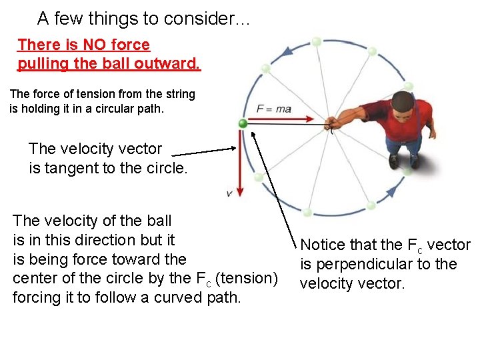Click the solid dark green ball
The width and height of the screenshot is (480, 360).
(243, 123)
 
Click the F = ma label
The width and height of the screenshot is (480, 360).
(274, 109)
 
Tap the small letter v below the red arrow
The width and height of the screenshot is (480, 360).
(229, 193)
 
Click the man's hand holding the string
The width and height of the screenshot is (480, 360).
(330, 123)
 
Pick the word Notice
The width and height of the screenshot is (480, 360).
(323, 245)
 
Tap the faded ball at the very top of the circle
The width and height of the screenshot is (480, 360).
(317, 42)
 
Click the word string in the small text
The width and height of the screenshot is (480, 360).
(179, 94)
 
